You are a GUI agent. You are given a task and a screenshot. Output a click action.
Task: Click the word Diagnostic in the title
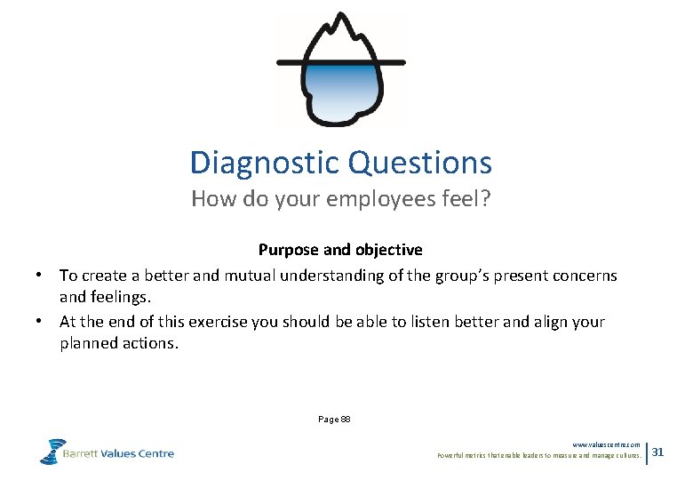tap(265, 163)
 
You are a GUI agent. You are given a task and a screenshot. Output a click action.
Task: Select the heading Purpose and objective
tap(340, 251)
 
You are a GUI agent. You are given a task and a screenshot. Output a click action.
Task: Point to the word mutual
tap(251, 276)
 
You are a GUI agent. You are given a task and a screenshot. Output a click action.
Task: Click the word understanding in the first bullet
tap(339, 276)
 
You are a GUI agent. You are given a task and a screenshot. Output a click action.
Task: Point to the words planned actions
tap(119, 344)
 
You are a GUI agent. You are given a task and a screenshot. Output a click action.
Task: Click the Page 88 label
tap(335, 418)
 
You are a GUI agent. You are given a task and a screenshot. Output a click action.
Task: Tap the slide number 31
tap(657, 452)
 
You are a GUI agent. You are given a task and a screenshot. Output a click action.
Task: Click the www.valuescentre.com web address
tap(606, 444)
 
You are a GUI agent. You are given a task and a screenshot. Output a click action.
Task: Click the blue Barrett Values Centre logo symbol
tap(52, 452)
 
